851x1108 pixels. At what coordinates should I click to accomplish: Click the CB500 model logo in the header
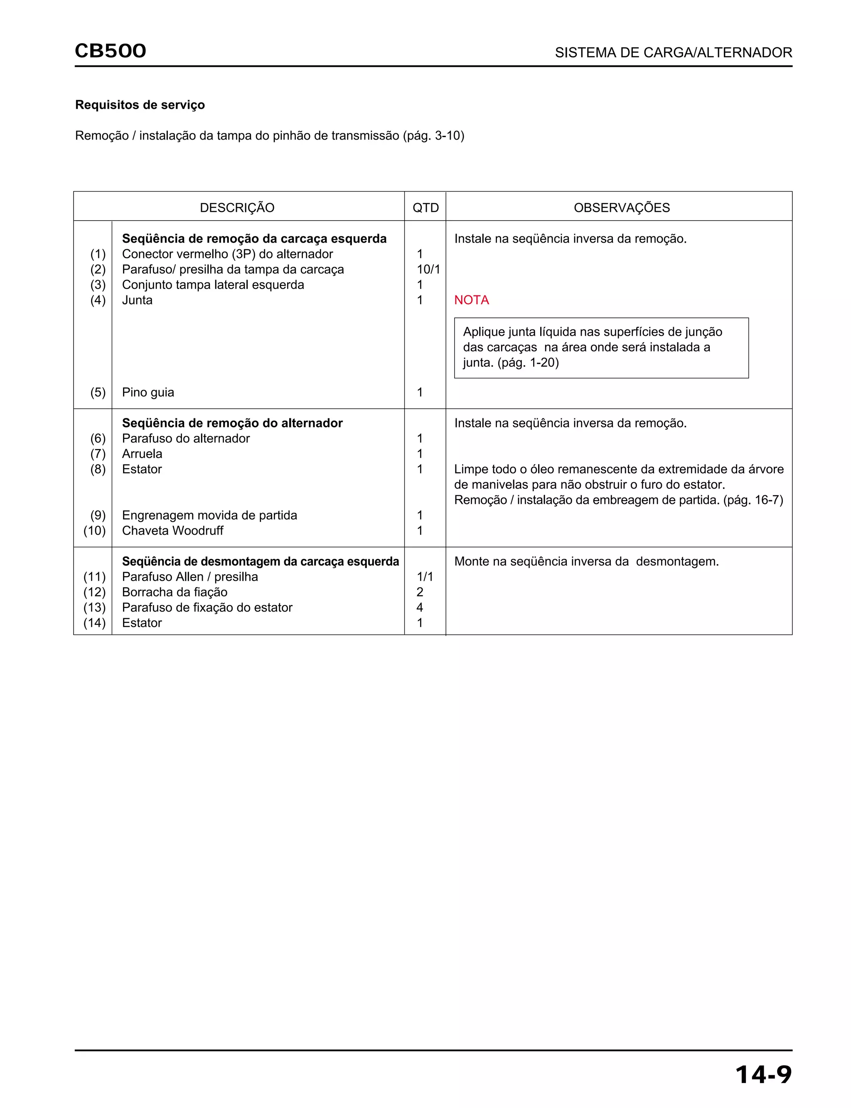[111, 51]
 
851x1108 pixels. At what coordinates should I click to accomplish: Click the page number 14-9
[763, 1075]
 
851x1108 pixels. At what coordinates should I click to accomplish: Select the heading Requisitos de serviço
[140, 105]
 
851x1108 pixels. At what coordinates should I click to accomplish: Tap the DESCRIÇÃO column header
[237, 208]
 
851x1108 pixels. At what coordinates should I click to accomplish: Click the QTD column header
[425, 208]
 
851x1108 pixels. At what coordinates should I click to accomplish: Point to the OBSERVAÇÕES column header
[622, 208]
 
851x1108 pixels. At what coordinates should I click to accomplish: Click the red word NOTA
[471, 300]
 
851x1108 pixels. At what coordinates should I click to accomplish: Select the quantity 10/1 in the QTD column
[428, 269]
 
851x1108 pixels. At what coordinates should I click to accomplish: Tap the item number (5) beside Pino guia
[98, 393]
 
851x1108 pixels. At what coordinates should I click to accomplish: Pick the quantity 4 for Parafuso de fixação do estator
[419, 608]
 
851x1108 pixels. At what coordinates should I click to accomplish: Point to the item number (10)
[95, 531]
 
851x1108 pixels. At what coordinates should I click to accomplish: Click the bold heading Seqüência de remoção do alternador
[232, 423]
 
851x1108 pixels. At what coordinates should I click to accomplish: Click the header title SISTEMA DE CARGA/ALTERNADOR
[673, 53]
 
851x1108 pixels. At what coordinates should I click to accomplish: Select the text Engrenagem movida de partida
[209, 515]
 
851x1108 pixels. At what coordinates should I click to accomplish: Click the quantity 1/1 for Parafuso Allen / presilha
[425, 577]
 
